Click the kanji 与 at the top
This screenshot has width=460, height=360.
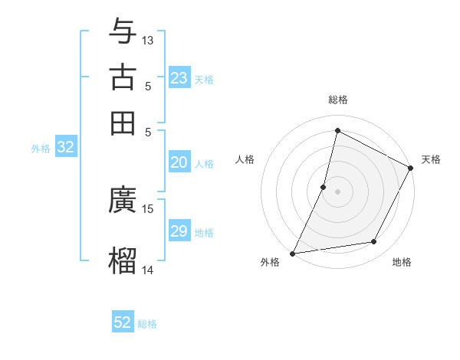[x=123, y=32]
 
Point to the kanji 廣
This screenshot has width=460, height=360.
[x=123, y=201]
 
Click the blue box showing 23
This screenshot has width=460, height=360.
[x=179, y=78]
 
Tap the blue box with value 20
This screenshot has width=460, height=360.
[x=179, y=162]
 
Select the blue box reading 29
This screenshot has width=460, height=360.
[x=179, y=231]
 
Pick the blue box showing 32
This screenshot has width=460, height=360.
[x=66, y=148]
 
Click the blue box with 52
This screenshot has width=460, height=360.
[x=123, y=322]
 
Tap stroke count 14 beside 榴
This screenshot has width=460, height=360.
[x=148, y=269]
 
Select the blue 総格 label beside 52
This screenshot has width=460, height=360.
[x=147, y=324]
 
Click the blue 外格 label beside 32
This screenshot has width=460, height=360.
[x=41, y=149]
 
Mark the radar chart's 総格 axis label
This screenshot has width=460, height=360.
[x=337, y=100]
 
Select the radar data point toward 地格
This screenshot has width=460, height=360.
[x=374, y=242]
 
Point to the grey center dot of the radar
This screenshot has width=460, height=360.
[x=337, y=191]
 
